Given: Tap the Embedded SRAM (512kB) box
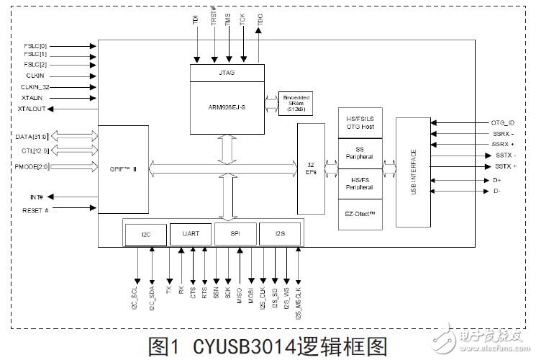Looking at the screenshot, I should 296,102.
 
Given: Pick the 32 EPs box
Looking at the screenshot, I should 311,168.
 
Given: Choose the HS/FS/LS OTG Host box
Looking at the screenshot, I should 360,123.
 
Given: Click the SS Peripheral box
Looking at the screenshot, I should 360,153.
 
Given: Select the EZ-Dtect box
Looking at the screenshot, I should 360,214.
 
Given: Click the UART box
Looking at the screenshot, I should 191,234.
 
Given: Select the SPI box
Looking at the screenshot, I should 235,234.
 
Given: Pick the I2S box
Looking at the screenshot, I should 281,234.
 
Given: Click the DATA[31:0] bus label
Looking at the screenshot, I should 31,136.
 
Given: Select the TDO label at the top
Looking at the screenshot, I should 260,19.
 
